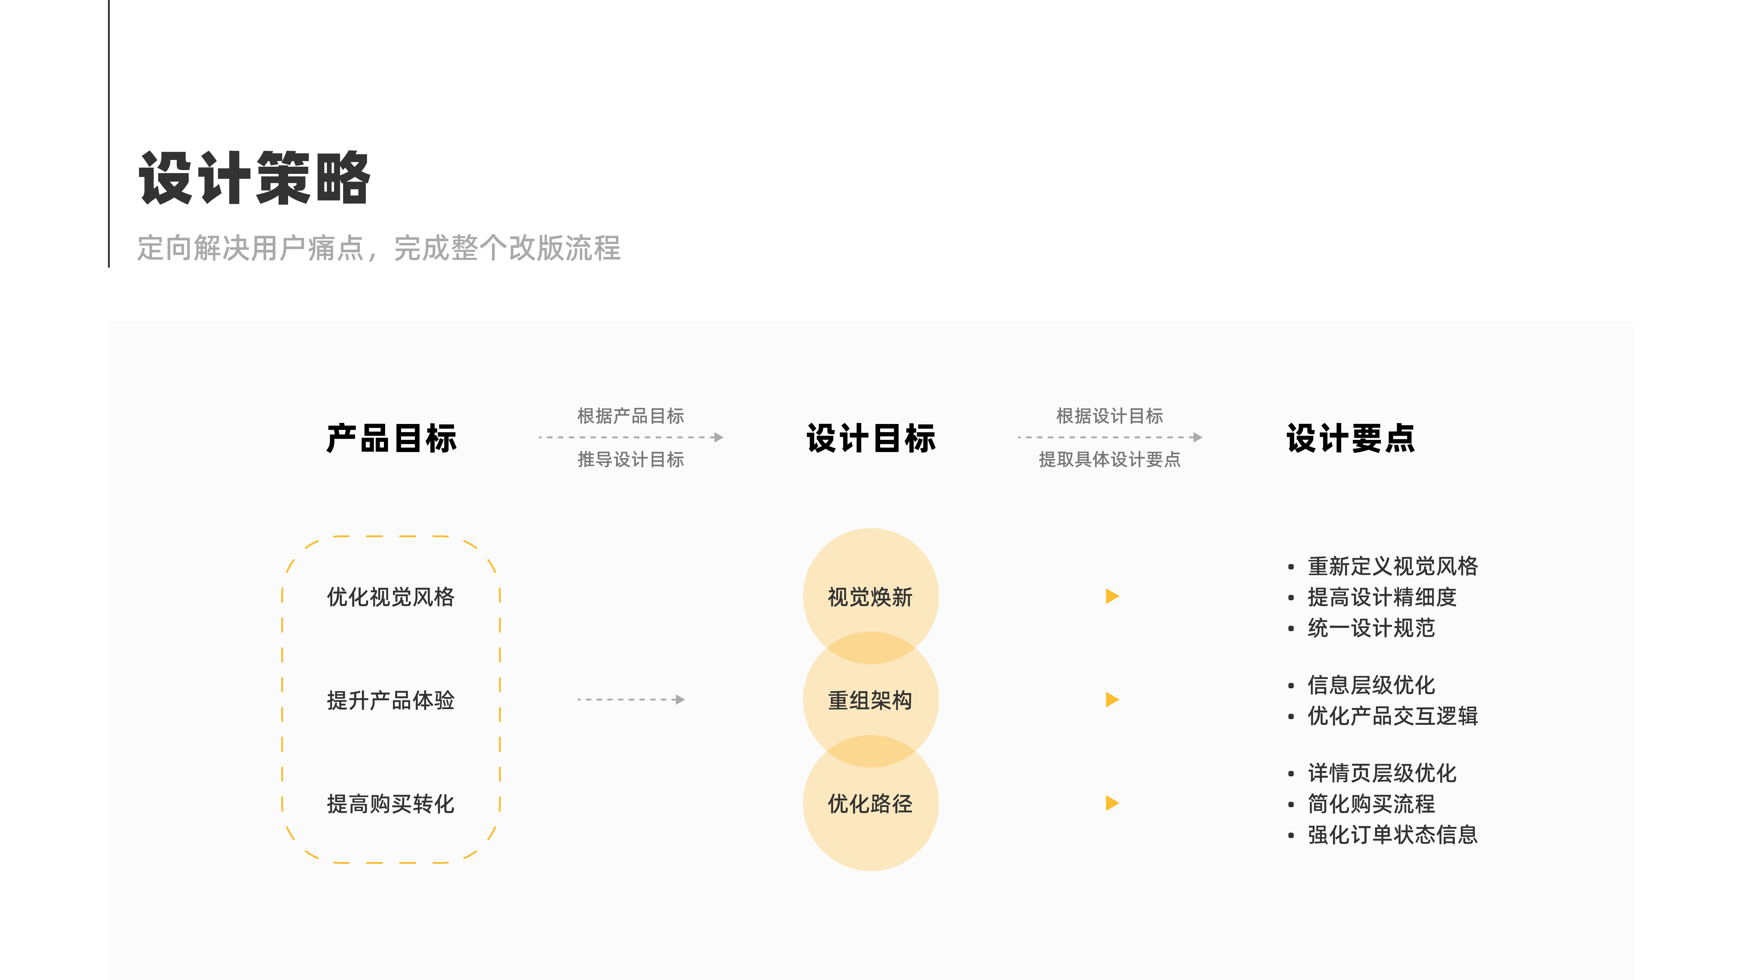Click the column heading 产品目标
(x=391, y=438)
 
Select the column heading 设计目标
(x=871, y=438)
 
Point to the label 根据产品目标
(x=630, y=416)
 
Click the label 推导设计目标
(x=630, y=460)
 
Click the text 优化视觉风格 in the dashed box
(x=391, y=597)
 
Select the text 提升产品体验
(x=391, y=701)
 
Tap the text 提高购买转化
(x=391, y=804)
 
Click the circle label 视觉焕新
(x=870, y=597)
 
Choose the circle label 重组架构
(x=870, y=701)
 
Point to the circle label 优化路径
(x=870, y=804)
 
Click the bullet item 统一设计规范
(x=1371, y=628)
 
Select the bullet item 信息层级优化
(x=1371, y=685)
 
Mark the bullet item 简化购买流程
(x=1371, y=804)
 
